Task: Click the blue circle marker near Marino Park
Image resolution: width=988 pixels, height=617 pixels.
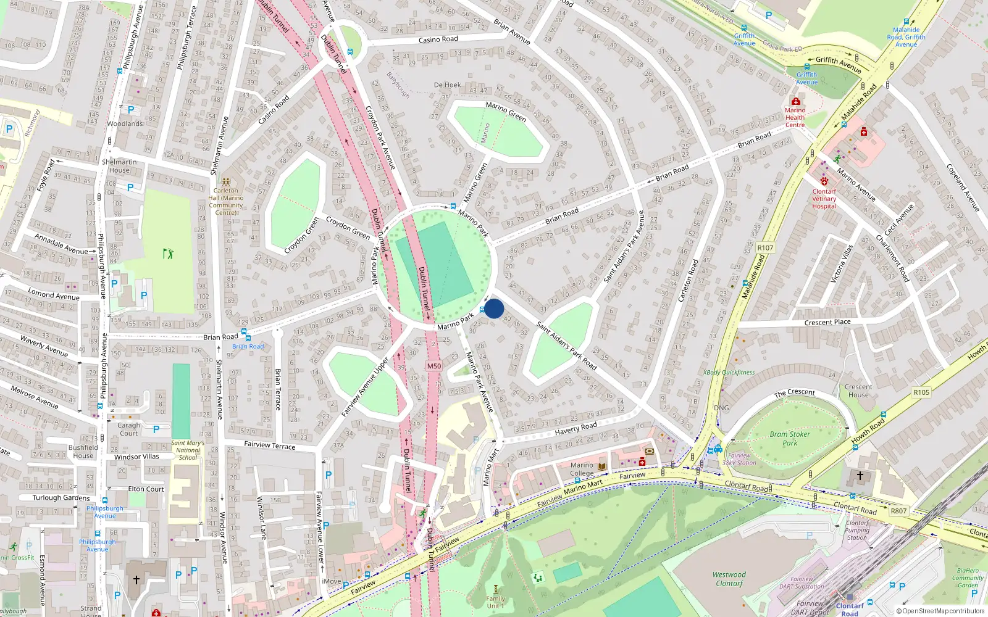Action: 494,308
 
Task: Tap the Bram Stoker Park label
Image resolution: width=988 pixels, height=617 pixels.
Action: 790,439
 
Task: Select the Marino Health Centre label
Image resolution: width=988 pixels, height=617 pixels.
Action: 795,117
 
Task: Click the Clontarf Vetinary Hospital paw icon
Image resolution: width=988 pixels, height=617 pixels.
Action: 824,181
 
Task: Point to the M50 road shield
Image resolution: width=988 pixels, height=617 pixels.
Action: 434,366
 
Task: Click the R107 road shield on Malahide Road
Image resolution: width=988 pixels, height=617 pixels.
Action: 765,248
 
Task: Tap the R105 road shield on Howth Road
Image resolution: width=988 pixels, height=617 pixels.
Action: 921,392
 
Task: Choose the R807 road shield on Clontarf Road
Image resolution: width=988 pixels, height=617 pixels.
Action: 898,511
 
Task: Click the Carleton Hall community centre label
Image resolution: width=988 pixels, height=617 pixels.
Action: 226,201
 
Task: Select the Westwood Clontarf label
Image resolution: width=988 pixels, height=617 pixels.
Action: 729,579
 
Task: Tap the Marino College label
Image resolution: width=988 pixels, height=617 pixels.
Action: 582,470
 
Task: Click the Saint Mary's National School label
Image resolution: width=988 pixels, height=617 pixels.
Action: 188,450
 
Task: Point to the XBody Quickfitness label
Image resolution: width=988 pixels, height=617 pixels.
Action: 729,373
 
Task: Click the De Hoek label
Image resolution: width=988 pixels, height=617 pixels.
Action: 447,85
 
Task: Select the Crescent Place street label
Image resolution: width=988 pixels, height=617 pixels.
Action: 827,322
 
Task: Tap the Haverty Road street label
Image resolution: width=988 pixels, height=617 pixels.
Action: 576,428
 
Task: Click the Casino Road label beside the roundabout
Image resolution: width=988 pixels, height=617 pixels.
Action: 438,39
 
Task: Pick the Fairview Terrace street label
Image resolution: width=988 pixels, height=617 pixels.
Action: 270,445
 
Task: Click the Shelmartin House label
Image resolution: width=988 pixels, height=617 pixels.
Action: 119,166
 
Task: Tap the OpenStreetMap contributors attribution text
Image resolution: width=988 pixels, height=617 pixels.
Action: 940,611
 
